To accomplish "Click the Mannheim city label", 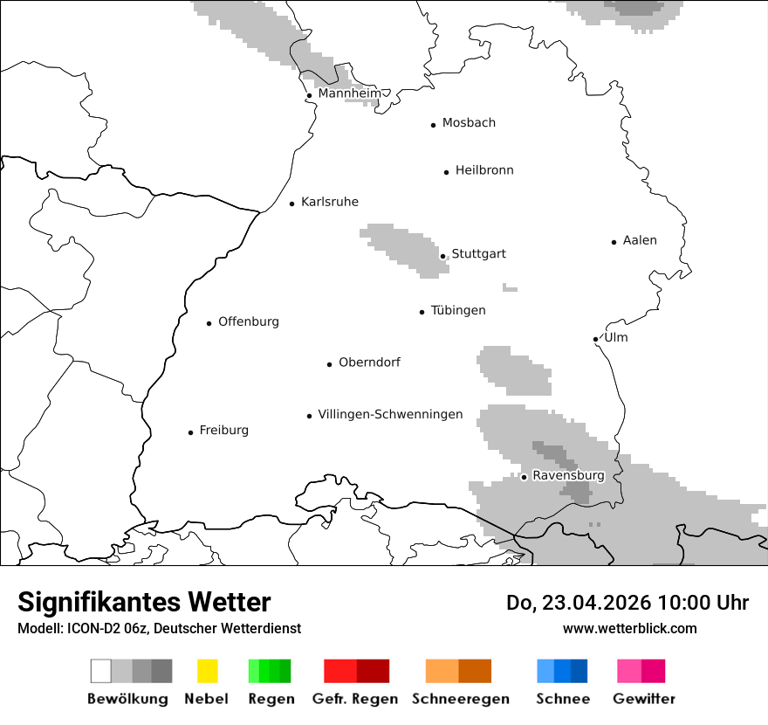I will pyautogui.click(x=349, y=93).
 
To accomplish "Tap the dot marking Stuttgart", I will pyautogui.click(x=443, y=256).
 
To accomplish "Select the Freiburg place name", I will pyautogui.click(x=223, y=430).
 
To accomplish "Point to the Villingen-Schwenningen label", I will pyautogui.click(x=390, y=414).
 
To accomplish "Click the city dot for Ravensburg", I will pyautogui.click(x=524, y=477).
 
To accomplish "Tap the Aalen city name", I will pyautogui.click(x=640, y=240).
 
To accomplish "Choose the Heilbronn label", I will pyautogui.click(x=484, y=170).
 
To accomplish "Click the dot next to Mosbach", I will pyautogui.click(x=433, y=125).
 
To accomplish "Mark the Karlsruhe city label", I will pyautogui.click(x=329, y=202).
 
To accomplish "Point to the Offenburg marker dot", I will pyautogui.click(x=209, y=323).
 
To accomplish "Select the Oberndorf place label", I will pyautogui.click(x=369, y=362).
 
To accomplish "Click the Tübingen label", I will pyautogui.click(x=458, y=310).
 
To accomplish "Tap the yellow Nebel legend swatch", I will pyautogui.click(x=207, y=671).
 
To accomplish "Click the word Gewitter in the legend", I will pyautogui.click(x=644, y=699).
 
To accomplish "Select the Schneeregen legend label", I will pyautogui.click(x=461, y=699).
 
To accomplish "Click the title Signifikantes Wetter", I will pyautogui.click(x=144, y=602).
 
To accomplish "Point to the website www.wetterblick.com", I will pyautogui.click(x=629, y=628).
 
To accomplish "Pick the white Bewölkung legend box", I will pyautogui.click(x=100, y=671).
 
